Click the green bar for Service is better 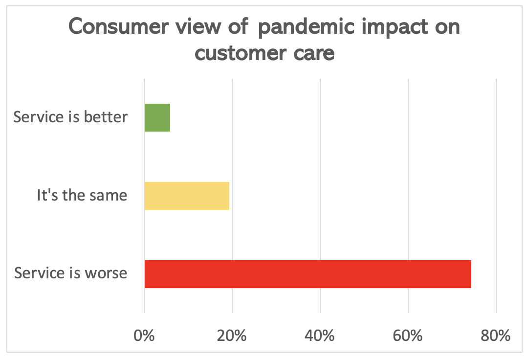click(x=157, y=118)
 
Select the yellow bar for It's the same click(x=187, y=196)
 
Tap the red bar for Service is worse click(x=307, y=274)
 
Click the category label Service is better click(x=70, y=117)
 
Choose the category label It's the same click(x=82, y=196)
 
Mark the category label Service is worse click(x=71, y=273)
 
